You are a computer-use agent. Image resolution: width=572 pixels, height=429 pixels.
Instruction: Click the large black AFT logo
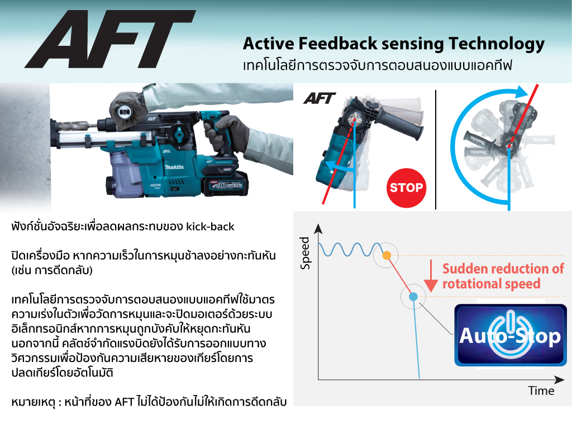[x=109, y=40]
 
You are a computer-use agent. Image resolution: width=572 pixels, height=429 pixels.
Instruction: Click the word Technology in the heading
[x=497, y=44]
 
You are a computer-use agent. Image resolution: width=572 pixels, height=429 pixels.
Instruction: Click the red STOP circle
[x=406, y=188]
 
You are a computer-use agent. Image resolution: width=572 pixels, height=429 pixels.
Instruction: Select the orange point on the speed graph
[x=387, y=255]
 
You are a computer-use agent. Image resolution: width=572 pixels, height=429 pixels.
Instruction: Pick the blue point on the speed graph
[x=413, y=297]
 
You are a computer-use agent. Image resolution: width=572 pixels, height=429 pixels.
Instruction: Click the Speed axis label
[x=304, y=253]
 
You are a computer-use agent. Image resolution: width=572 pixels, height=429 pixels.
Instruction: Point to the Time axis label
[x=541, y=390]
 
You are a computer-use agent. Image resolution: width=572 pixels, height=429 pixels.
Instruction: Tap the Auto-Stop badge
[x=511, y=335]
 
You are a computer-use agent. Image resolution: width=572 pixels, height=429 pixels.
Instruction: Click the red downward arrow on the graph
[x=431, y=276]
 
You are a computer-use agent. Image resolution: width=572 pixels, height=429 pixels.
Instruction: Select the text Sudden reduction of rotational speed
[x=503, y=276]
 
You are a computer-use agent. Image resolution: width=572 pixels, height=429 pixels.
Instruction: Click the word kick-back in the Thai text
[x=210, y=227]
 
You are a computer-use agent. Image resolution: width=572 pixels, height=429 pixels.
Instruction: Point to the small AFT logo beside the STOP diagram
[x=319, y=98]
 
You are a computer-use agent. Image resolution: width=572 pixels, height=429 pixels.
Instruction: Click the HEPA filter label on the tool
[x=155, y=186]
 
